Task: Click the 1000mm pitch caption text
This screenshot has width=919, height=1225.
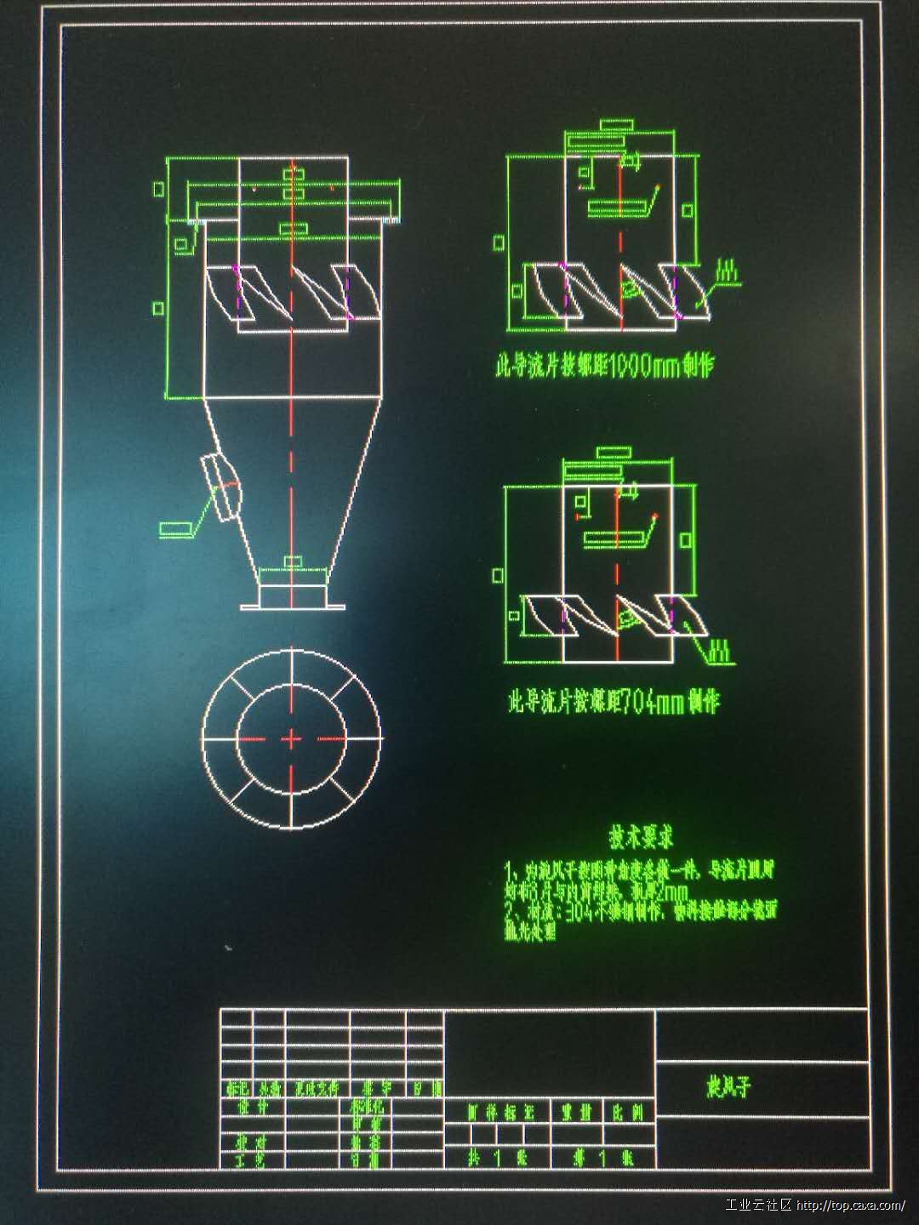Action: [x=604, y=367]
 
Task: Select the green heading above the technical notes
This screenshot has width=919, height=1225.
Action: [x=641, y=837]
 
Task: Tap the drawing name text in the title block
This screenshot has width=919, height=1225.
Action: [x=729, y=1087]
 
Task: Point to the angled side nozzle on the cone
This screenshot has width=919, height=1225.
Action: [x=223, y=486]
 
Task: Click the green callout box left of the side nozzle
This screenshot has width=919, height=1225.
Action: [x=175, y=528]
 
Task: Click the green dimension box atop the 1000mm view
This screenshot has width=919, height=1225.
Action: [x=616, y=125]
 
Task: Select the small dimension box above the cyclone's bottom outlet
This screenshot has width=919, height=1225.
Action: [x=292, y=561]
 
